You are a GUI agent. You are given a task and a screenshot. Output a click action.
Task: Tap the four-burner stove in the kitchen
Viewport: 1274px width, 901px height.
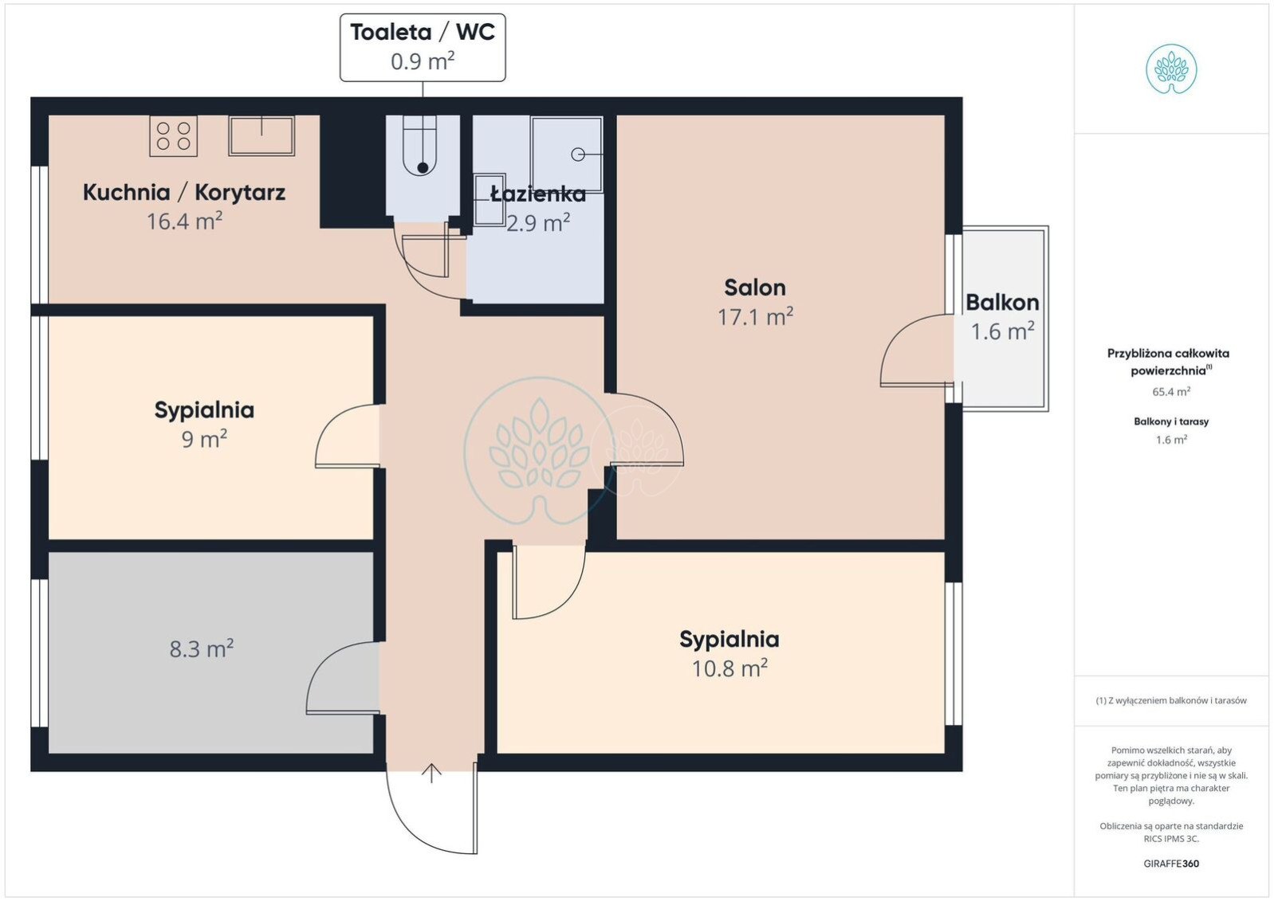(x=174, y=136)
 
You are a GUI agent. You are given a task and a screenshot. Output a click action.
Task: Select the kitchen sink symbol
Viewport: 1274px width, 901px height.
(x=261, y=135)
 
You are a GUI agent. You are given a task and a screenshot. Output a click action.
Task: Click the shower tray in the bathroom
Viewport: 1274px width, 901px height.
(x=567, y=155)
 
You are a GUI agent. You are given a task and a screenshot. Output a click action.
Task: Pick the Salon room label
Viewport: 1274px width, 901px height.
(x=755, y=288)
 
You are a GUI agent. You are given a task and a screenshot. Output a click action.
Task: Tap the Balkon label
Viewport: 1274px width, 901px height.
(x=1002, y=303)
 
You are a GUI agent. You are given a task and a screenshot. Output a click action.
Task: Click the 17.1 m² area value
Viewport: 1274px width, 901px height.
(x=755, y=316)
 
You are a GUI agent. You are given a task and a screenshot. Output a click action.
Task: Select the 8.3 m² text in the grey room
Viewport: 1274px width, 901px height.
(x=202, y=648)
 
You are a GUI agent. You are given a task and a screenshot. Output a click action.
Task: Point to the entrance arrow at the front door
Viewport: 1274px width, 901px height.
(x=431, y=773)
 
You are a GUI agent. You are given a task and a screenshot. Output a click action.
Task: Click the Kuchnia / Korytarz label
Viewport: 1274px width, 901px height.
(x=183, y=192)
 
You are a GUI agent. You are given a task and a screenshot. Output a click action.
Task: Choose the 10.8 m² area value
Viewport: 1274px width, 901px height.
(x=729, y=668)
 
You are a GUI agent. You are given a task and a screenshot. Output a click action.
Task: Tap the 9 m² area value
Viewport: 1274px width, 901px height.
(x=204, y=439)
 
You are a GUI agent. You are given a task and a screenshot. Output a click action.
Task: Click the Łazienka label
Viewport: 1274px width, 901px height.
(x=538, y=194)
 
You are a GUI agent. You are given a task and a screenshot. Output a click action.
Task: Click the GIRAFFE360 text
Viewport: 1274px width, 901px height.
(x=1171, y=864)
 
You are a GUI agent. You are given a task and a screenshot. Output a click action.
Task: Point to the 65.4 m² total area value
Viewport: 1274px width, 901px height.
(x=1171, y=392)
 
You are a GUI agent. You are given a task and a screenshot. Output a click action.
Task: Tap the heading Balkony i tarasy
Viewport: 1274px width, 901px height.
(x=1171, y=421)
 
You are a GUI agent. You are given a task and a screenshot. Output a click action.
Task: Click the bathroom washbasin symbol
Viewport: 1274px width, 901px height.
(x=490, y=200)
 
